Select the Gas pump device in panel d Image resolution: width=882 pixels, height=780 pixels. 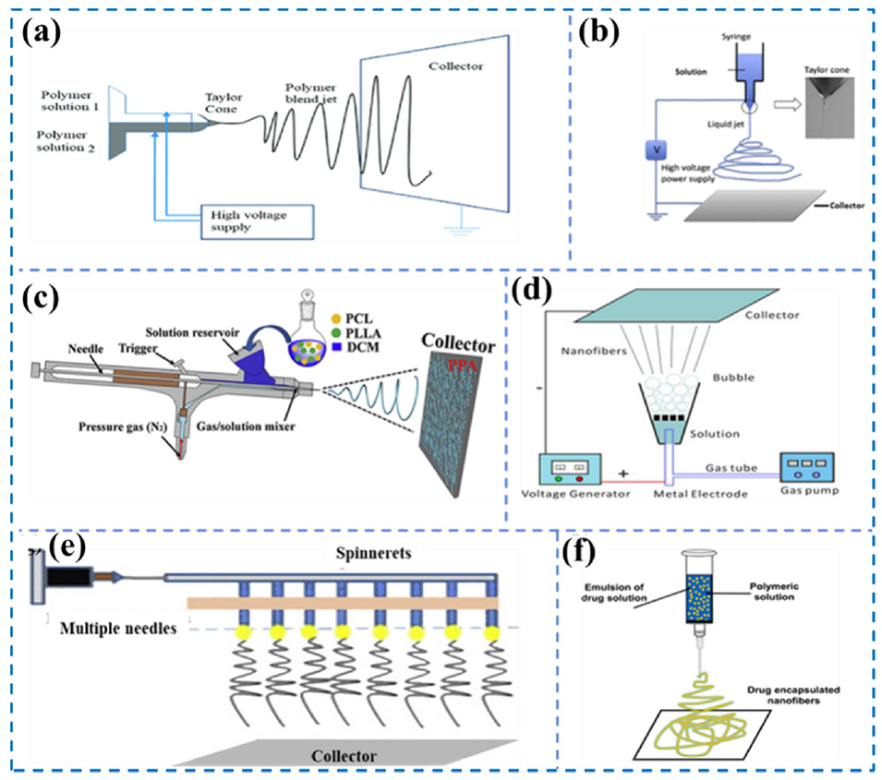(x=805, y=466)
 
